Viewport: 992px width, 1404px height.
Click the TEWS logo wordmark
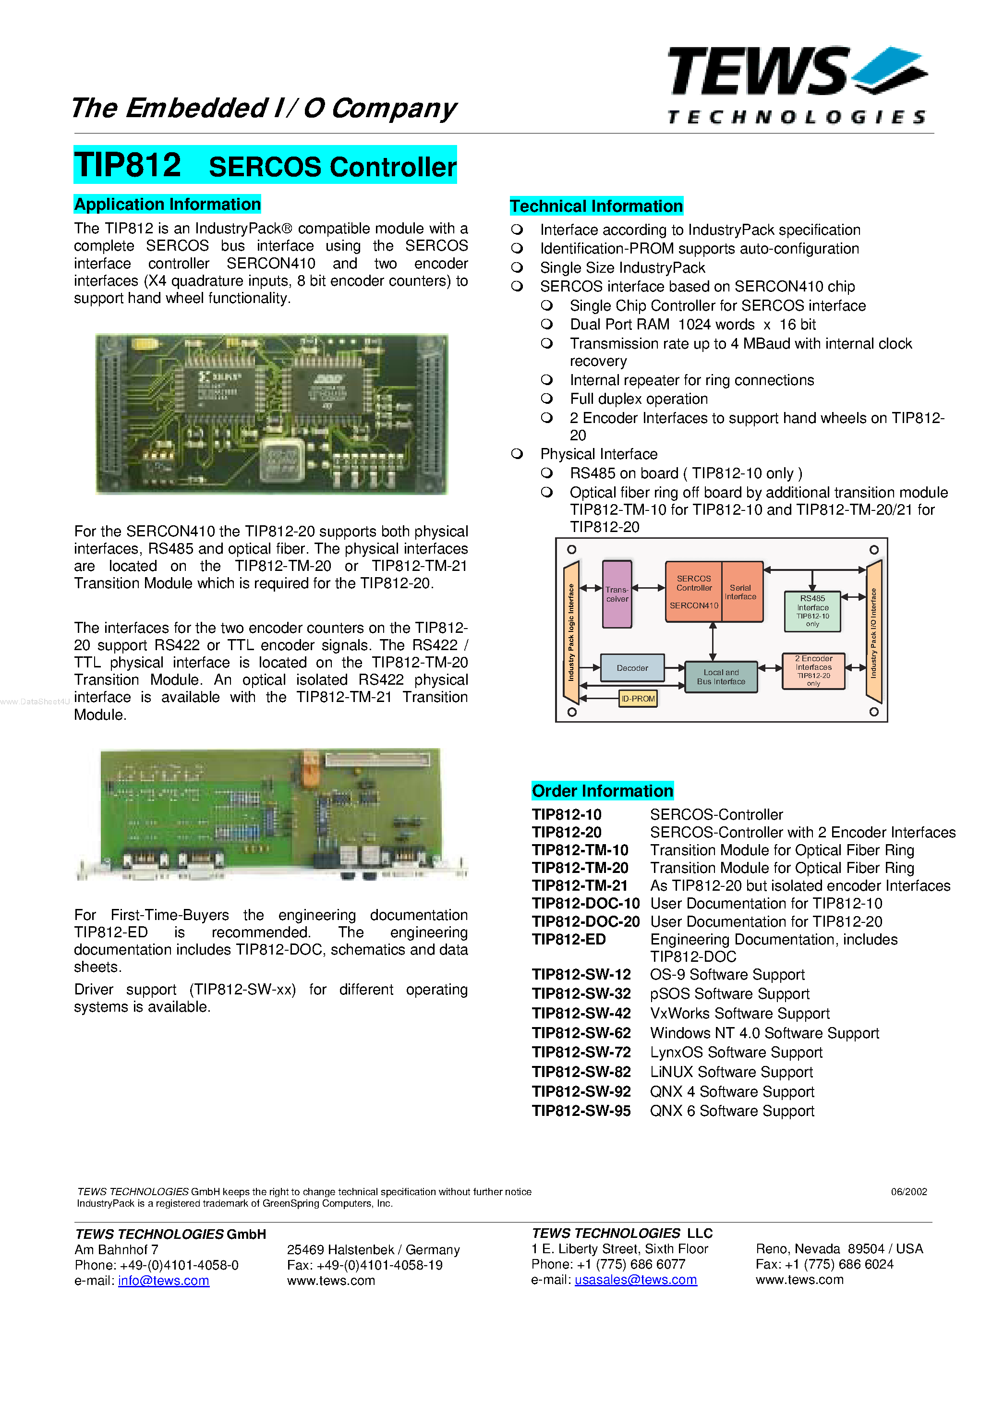coord(758,72)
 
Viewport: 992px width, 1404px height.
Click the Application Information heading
coord(168,204)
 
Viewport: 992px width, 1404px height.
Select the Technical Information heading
coord(596,206)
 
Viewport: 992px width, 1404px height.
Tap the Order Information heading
coord(603,791)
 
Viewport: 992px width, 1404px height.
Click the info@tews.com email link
coord(163,1281)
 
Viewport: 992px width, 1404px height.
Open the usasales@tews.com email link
coord(635,1280)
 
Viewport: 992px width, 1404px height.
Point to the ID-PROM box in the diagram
coord(638,698)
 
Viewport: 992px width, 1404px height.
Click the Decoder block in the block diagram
coord(632,668)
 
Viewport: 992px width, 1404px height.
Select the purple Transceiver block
coord(617,594)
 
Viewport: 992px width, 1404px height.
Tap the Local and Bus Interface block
coord(721,677)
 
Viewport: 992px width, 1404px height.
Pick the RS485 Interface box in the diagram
coord(812,611)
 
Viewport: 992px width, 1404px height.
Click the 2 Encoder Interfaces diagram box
coord(813,671)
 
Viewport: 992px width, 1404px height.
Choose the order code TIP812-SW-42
coord(581,1014)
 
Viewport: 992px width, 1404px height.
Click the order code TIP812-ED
coord(569,940)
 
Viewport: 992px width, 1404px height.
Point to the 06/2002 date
coord(909,1192)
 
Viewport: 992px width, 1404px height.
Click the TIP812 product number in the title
coord(128,165)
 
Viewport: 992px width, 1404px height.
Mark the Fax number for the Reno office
coord(824,1265)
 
